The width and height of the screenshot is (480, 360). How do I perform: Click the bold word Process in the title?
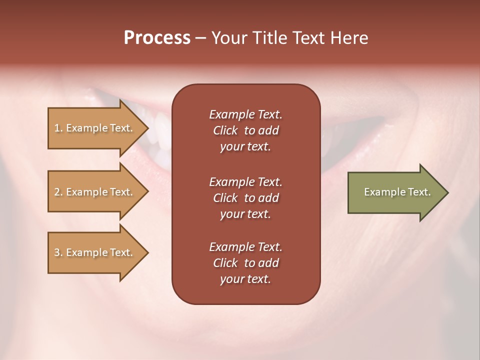coord(157,38)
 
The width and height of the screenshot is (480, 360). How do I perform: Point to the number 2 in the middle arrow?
coord(57,192)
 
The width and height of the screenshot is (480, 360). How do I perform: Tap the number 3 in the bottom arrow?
coord(57,252)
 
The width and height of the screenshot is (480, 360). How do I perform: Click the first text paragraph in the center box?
coord(245,130)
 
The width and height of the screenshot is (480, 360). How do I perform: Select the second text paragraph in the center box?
coord(245,197)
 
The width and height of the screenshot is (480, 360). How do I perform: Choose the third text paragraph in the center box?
coord(245,263)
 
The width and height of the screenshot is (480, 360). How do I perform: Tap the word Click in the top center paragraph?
coord(225,130)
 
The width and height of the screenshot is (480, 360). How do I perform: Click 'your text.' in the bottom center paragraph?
coord(245,279)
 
